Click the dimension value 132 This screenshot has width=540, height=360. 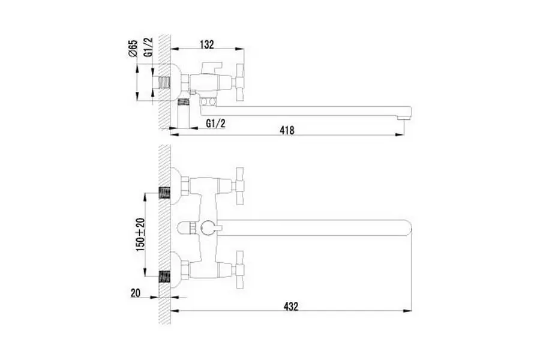(x=206, y=44)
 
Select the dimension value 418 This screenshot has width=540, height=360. (x=287, y=130)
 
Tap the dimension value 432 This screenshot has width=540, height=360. (x=291, y=306)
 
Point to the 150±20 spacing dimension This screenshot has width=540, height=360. (x=140, y=235)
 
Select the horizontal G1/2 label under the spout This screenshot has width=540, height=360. (x=216, y=124)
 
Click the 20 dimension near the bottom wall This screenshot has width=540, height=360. (x=136, y=293)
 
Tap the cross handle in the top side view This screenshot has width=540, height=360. (x=238, y=82)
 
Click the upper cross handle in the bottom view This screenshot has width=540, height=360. (x=238, y=186)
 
